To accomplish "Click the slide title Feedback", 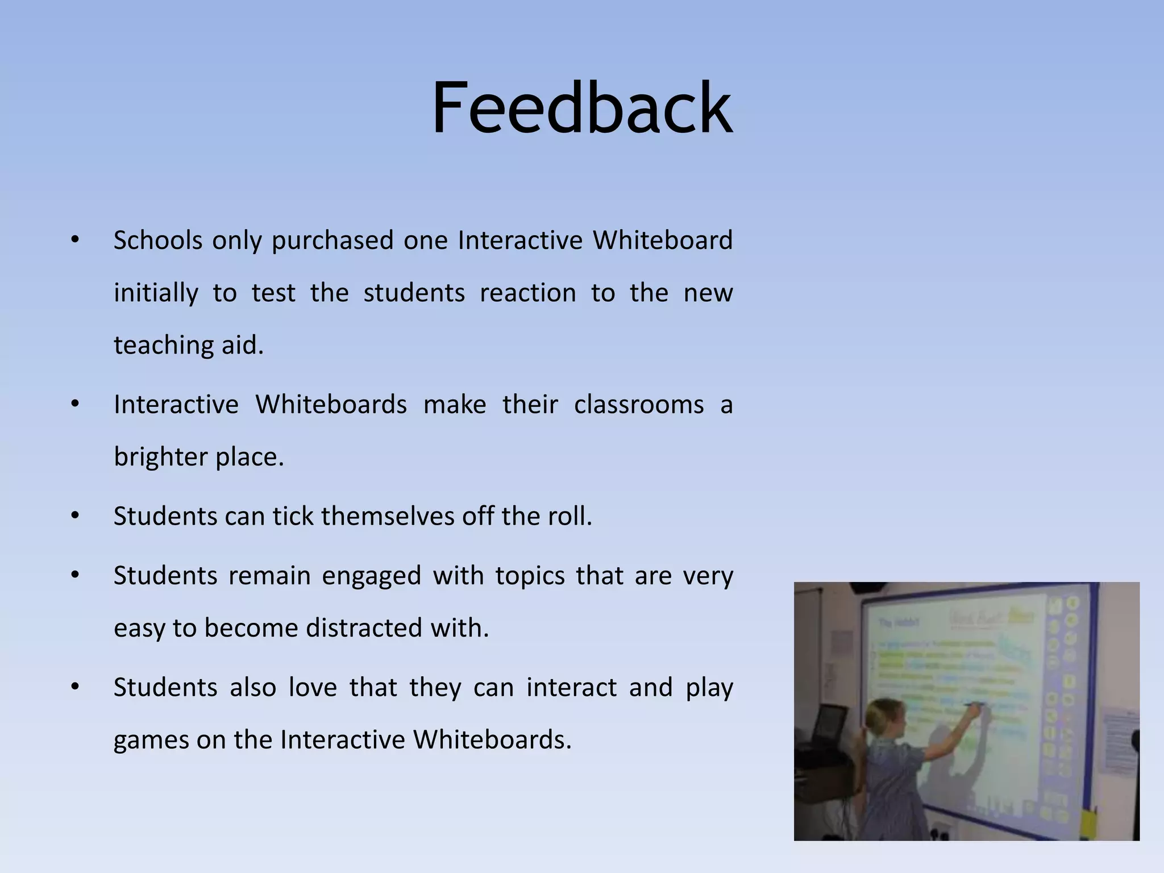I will tap(582, 108).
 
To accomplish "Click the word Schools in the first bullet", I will tap(157, 240).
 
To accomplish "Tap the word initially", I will tap(156, 293).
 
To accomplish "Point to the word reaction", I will tap(527, 293).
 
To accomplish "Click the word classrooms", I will tap(638, 405).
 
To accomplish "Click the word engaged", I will tap(371, 576).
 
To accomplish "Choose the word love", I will tap(312, 687).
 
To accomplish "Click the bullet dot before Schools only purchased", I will tap(75, 240).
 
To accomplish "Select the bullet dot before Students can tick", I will tap(75, 516).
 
